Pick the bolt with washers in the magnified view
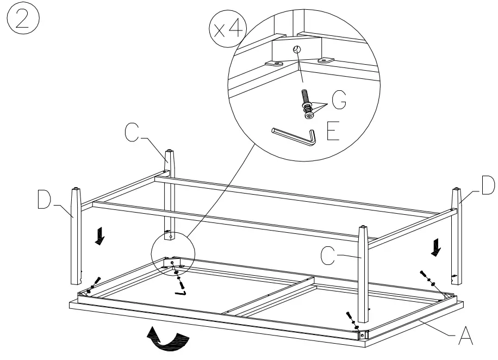coord(307,104)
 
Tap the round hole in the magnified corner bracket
coord(296,49)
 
